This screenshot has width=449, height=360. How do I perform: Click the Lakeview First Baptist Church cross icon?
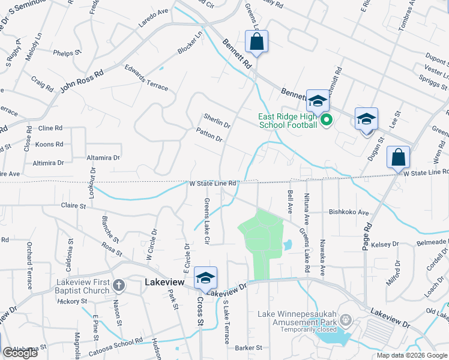pos(118,286)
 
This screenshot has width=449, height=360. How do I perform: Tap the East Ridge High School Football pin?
pos(327,121)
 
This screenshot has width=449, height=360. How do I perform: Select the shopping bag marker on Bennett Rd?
pos(256,42)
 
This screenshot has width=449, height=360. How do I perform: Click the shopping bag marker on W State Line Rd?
pos(398,157)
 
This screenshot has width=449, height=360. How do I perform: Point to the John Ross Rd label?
pos(82,81)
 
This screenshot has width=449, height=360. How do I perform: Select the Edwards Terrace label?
pos(146,77)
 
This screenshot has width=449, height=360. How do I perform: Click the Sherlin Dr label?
pos(217,121)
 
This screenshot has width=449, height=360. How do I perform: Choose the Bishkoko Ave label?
pos(348,212)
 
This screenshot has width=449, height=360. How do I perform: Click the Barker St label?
pos(249,347)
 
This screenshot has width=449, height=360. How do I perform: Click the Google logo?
pos(20,353)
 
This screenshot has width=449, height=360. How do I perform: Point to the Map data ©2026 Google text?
pos(412,355)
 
